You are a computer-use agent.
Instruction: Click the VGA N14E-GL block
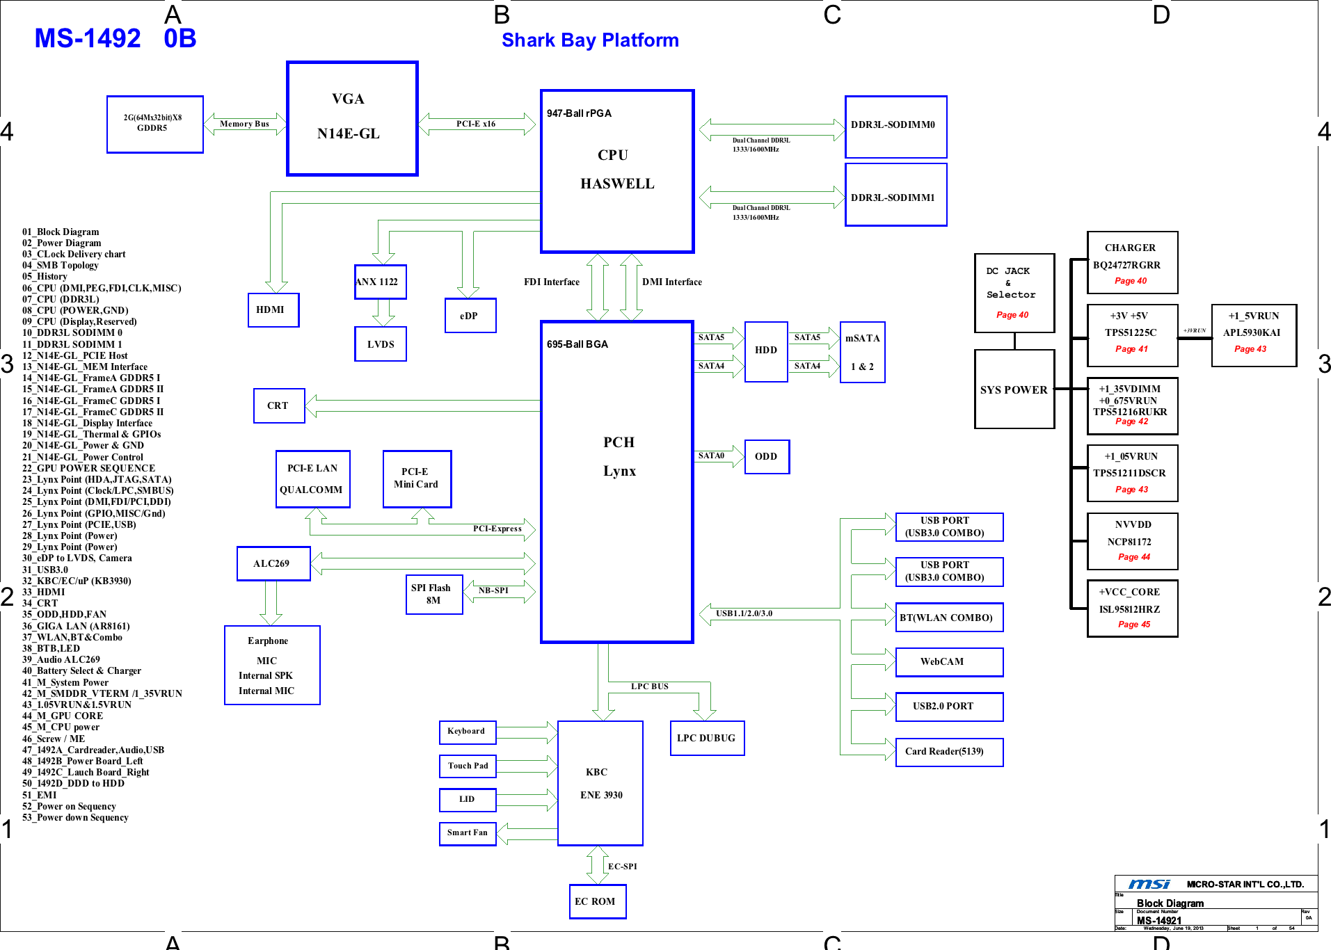352,118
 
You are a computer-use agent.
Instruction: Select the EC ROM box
598,901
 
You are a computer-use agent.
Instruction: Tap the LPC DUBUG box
707,738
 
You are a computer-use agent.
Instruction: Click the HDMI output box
273,310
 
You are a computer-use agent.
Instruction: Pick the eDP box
470,316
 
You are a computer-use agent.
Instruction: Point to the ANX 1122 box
380,282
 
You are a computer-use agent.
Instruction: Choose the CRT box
279,405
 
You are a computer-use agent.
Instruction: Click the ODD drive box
767,457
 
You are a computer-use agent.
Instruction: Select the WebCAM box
949,662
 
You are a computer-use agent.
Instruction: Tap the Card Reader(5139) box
949,752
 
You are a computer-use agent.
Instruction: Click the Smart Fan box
468,833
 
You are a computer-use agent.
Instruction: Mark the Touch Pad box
468,766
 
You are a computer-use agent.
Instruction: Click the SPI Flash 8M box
434,594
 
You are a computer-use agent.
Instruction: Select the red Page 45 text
1134,625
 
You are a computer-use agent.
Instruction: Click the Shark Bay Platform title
590,40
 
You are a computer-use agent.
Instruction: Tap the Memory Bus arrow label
244,124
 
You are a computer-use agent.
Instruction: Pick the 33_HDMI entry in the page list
44,592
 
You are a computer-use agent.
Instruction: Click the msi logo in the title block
1149,884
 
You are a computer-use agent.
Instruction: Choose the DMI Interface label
671,282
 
